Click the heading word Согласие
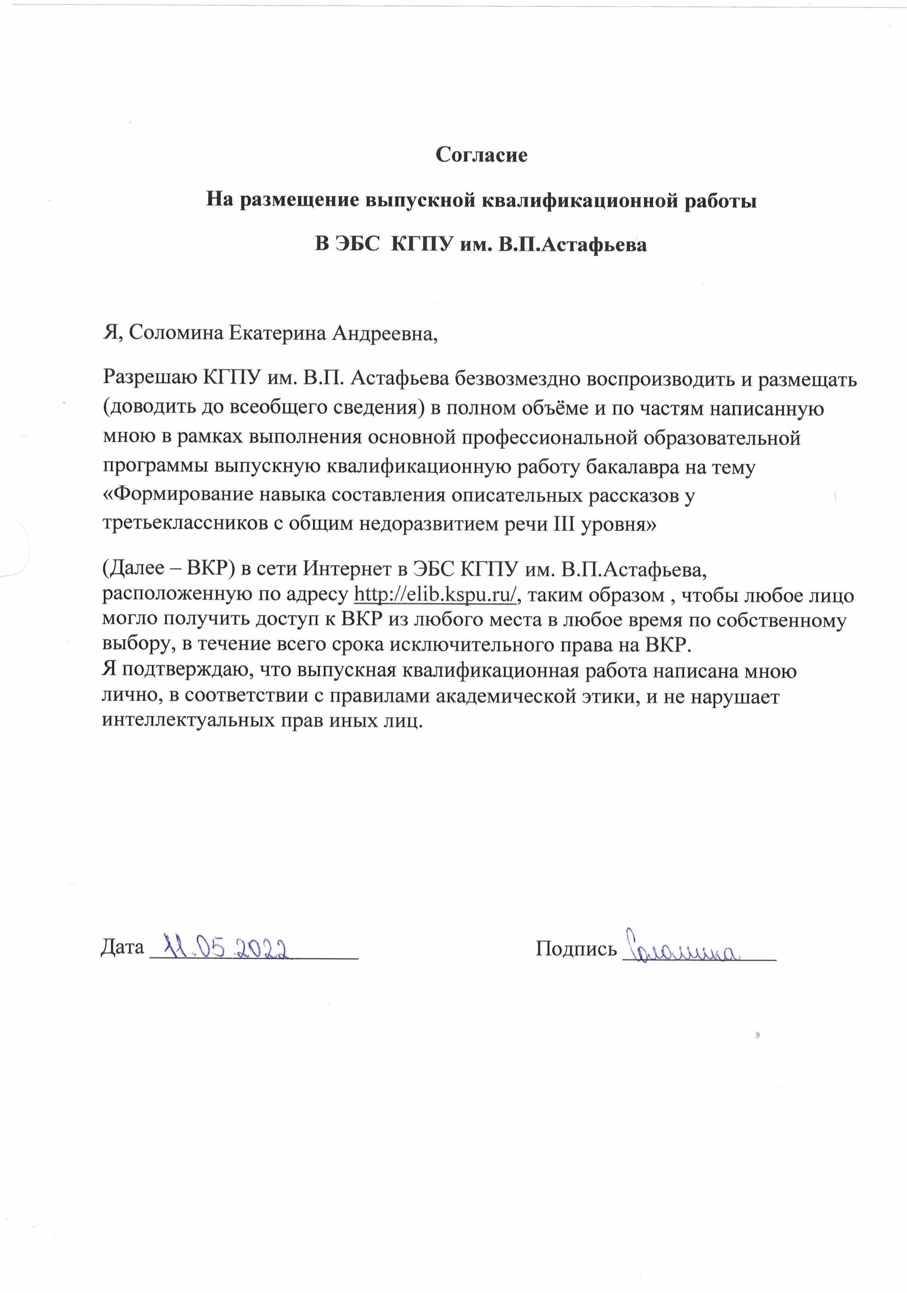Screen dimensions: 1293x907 pyautogui.click(x=481, y=155)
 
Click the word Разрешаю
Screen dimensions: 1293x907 pyautogui.click(x=149, y=379)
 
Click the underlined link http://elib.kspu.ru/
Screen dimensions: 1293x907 pyautogui.click(x=435, y=595)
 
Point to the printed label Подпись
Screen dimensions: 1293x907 pyautogui.click(x=576, y=948)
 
